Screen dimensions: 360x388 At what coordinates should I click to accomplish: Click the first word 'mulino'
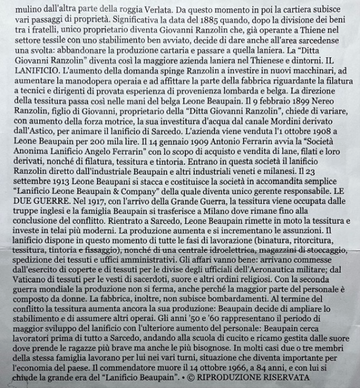(19, 8)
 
